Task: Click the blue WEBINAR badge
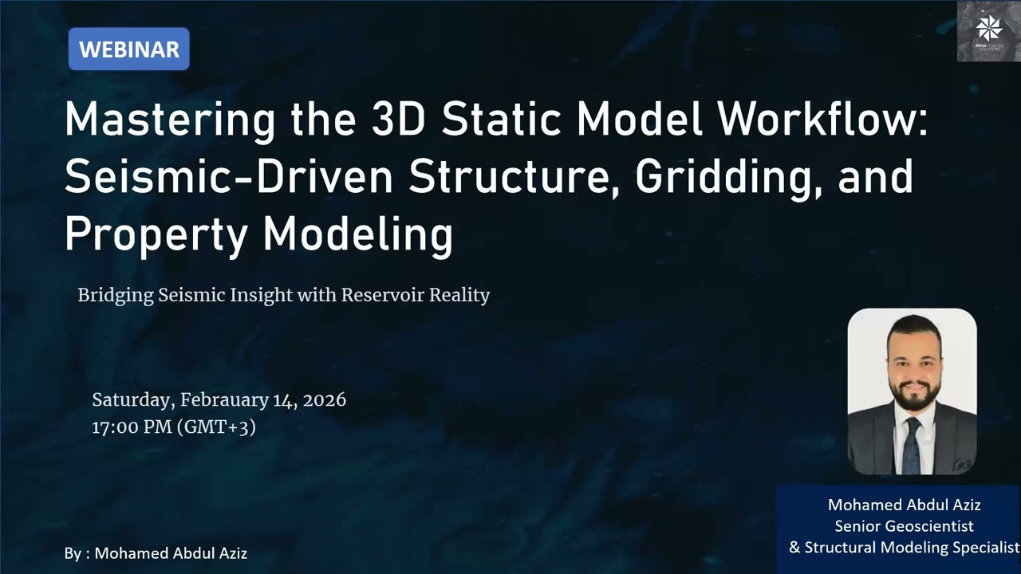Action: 128,49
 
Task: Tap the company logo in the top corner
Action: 988,31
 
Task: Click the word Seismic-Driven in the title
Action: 229,178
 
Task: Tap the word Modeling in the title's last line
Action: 358,234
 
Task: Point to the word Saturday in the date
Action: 132,399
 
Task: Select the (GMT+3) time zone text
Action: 216,427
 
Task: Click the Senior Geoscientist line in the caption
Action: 904,526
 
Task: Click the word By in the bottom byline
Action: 73,553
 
